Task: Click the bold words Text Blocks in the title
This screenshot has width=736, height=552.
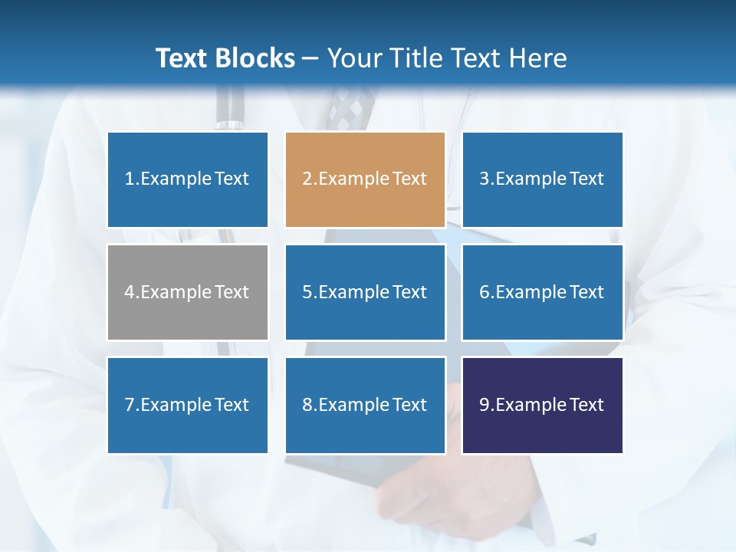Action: [225, 58]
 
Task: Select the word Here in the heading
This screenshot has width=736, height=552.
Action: [536, 58]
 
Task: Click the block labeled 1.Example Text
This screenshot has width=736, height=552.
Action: [187, 179]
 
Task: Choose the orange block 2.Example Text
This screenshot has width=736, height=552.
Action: [365, 179]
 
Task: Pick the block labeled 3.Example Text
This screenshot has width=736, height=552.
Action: [542, 179]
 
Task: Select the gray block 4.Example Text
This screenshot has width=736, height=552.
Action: [187, 292]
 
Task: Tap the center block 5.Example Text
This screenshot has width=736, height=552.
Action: [365, 292]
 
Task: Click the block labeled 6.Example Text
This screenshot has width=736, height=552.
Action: [542, 292]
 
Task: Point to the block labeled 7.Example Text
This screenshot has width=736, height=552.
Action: [187, 405]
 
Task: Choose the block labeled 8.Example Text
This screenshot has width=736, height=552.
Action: [365, 405]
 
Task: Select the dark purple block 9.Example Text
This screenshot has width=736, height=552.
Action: [542, 405]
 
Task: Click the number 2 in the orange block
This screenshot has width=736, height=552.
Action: [307, 179]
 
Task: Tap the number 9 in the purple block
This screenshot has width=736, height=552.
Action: [485, 405]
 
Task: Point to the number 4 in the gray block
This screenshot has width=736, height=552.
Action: [130, 292]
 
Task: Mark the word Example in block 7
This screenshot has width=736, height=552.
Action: [176, 405]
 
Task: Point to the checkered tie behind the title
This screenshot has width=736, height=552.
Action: [350, 107]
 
